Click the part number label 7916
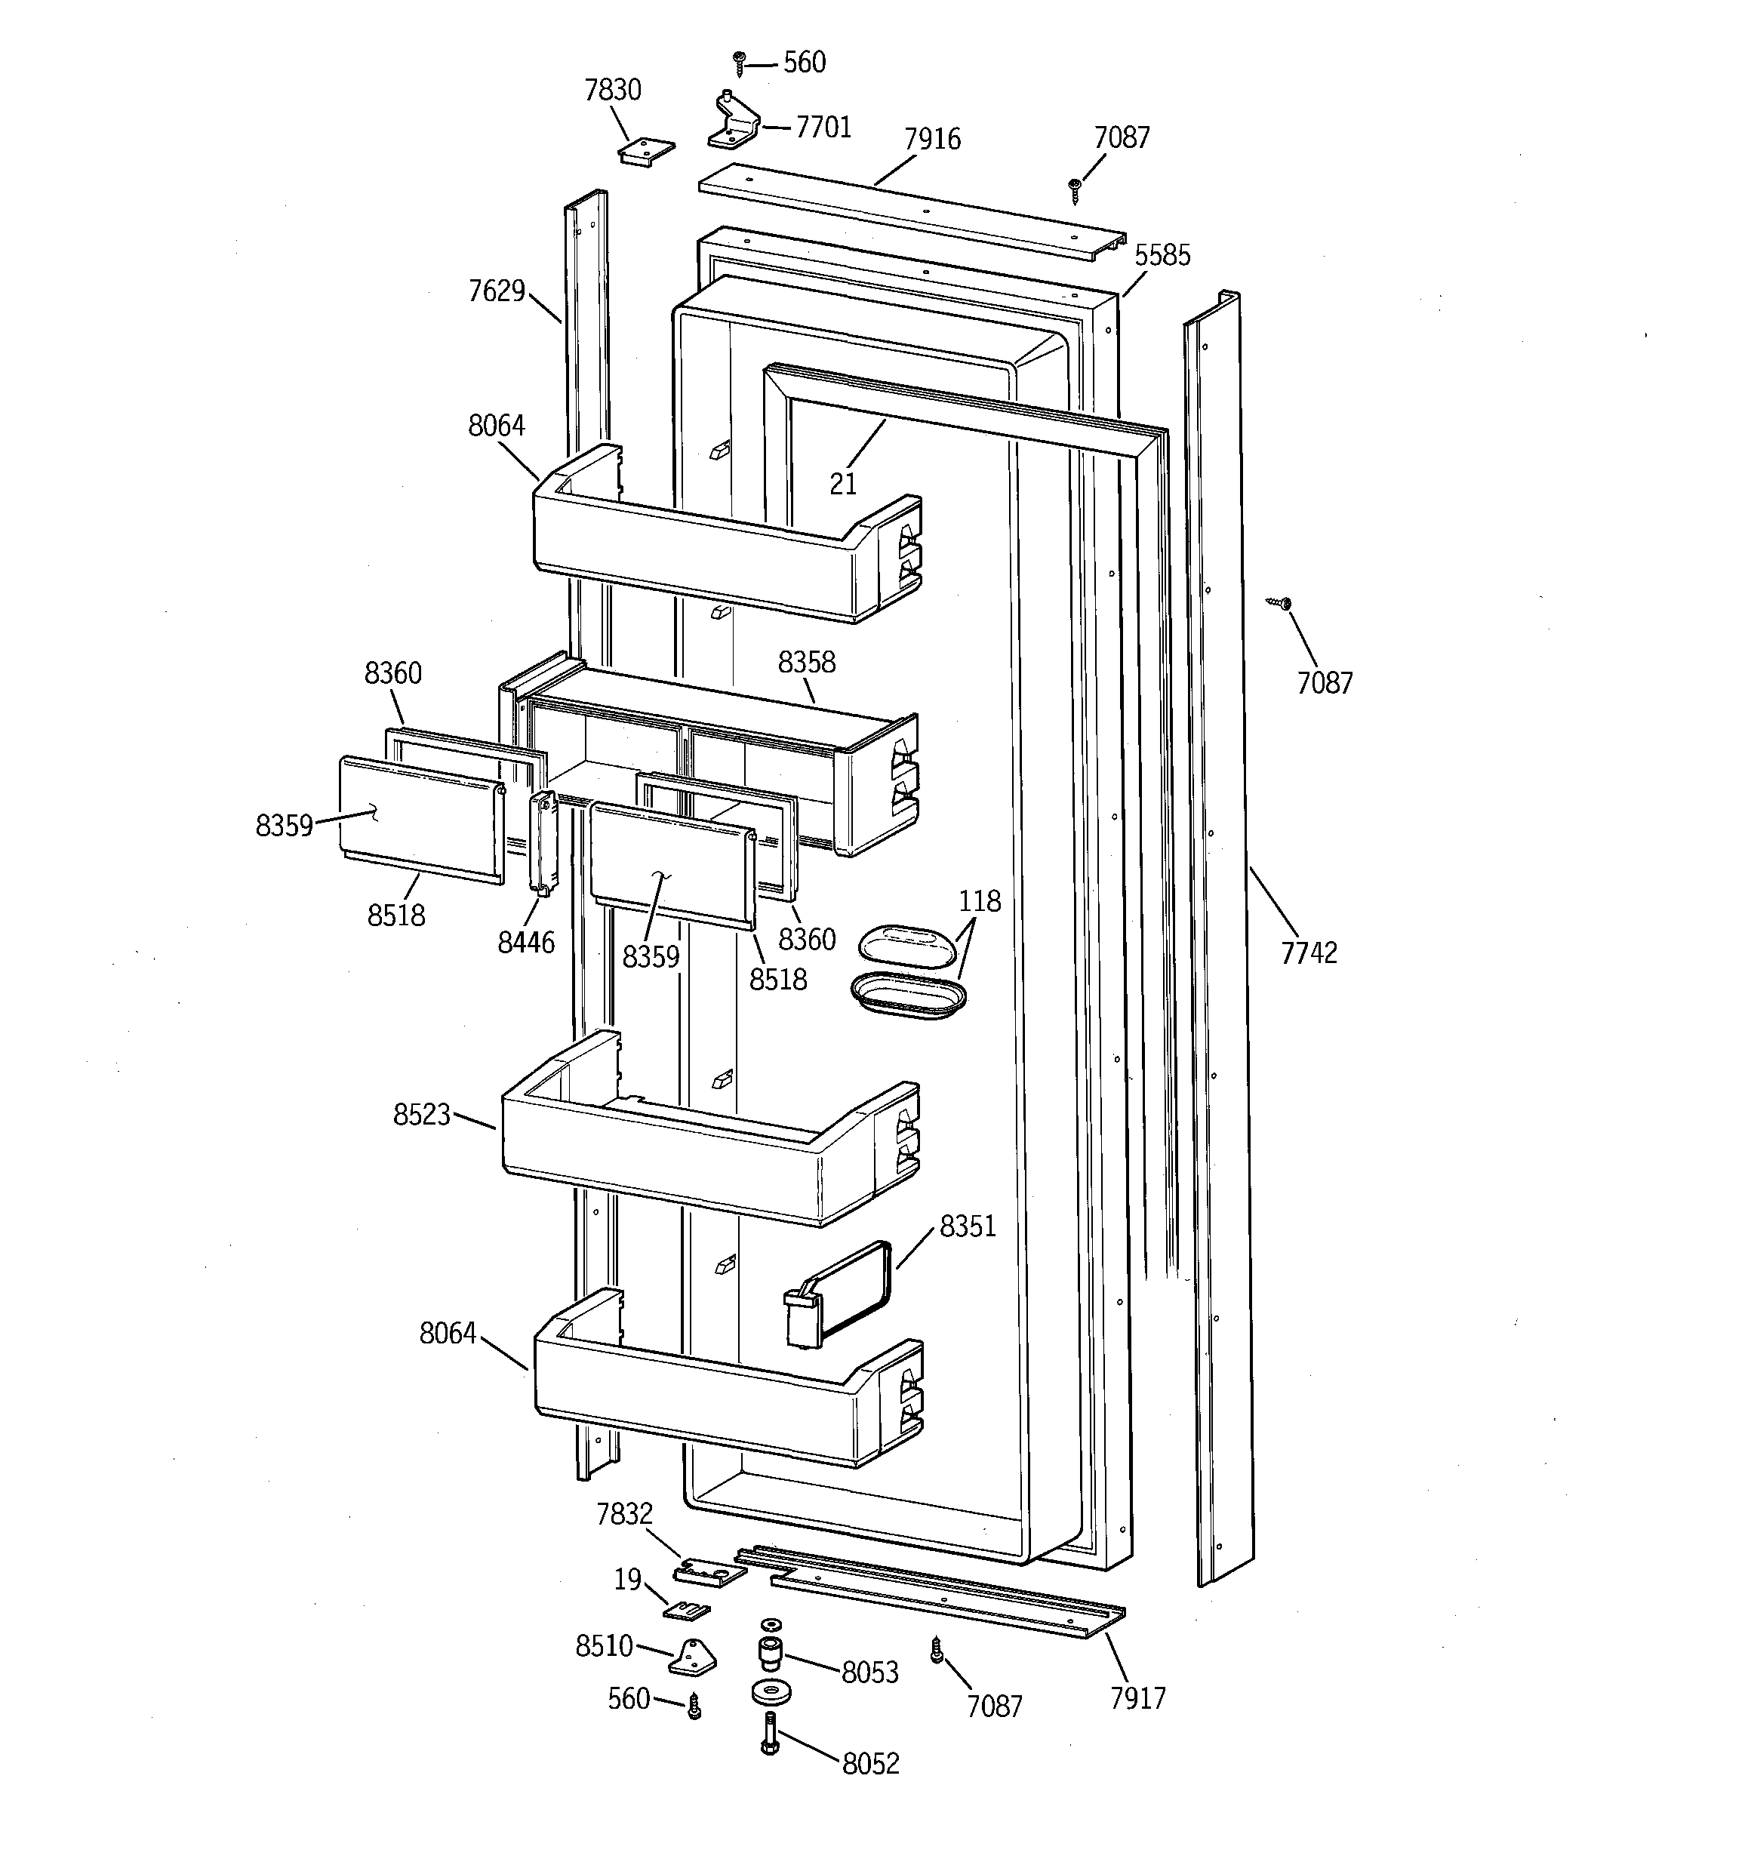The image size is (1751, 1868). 931,139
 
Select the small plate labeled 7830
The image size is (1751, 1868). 647,150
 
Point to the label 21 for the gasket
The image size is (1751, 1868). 843,484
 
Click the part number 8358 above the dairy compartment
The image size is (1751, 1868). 805,663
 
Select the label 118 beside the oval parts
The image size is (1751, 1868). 980,901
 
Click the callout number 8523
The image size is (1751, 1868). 422,1116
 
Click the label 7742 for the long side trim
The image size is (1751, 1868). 1308,952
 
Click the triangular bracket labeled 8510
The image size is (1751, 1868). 693,1658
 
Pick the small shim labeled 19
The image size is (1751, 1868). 687,1611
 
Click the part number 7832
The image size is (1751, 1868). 624,1515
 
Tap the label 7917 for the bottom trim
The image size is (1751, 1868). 1137,1699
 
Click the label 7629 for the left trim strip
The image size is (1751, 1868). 497,291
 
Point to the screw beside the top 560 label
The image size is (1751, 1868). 740,63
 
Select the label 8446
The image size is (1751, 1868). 526,941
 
